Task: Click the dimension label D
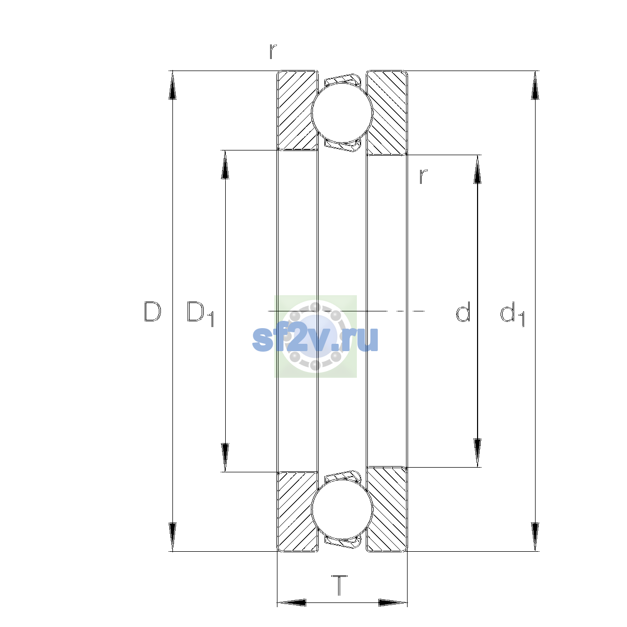[152, 312]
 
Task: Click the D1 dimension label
[200, 313]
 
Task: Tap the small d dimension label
[463, 311]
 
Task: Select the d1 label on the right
[512, 313]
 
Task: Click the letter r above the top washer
[273, 51]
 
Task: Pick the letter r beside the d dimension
[423, 177]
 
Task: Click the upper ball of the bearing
[342, 112]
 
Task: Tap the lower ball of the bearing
[342, 510]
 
